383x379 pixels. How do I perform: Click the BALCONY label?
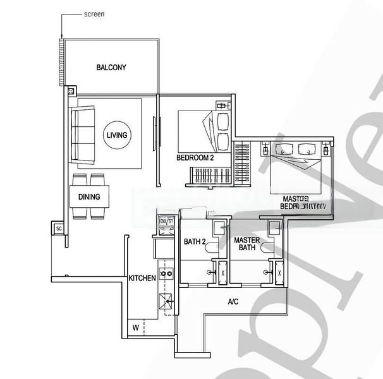click(x=112, y=67)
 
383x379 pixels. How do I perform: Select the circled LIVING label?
click(x=117, y=135)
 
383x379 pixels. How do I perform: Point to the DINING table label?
click(x=89, y=196)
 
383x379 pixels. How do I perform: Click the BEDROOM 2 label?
click(x=195, y=159)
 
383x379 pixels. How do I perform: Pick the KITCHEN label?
click(x=142, y=278)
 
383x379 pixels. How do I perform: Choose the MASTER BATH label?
click(x=247, y=244)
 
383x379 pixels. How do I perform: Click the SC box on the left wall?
click(x=59, y=228)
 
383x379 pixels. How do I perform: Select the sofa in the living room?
click(x=83, y=134)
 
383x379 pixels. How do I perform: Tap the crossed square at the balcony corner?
click(x=71, y=90)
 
